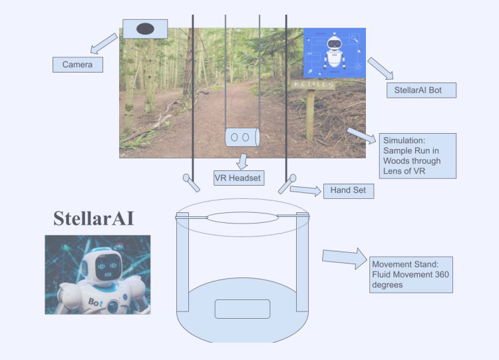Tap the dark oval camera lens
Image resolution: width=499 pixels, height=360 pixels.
146,29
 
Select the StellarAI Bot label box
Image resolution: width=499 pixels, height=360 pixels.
421,90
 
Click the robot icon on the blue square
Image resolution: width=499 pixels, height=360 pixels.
335,53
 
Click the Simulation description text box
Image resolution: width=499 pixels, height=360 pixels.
418,156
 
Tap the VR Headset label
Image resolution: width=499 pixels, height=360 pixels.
238,178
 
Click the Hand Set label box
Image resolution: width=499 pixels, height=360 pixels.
348,191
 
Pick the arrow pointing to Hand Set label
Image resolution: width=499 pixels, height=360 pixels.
306,190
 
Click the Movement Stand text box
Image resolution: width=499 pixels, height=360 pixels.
411,274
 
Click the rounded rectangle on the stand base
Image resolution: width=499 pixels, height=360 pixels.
242,309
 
